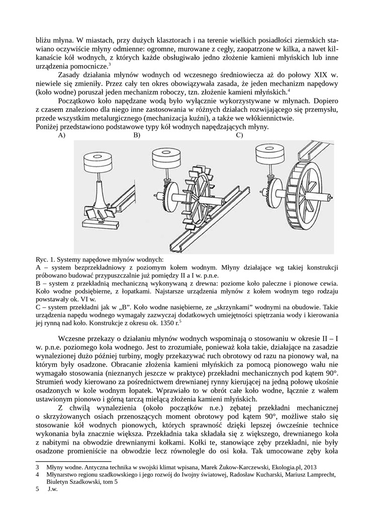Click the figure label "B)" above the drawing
tap(136, 135)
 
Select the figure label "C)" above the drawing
tap(239, 135)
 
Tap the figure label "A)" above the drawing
tap(62, 135)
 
